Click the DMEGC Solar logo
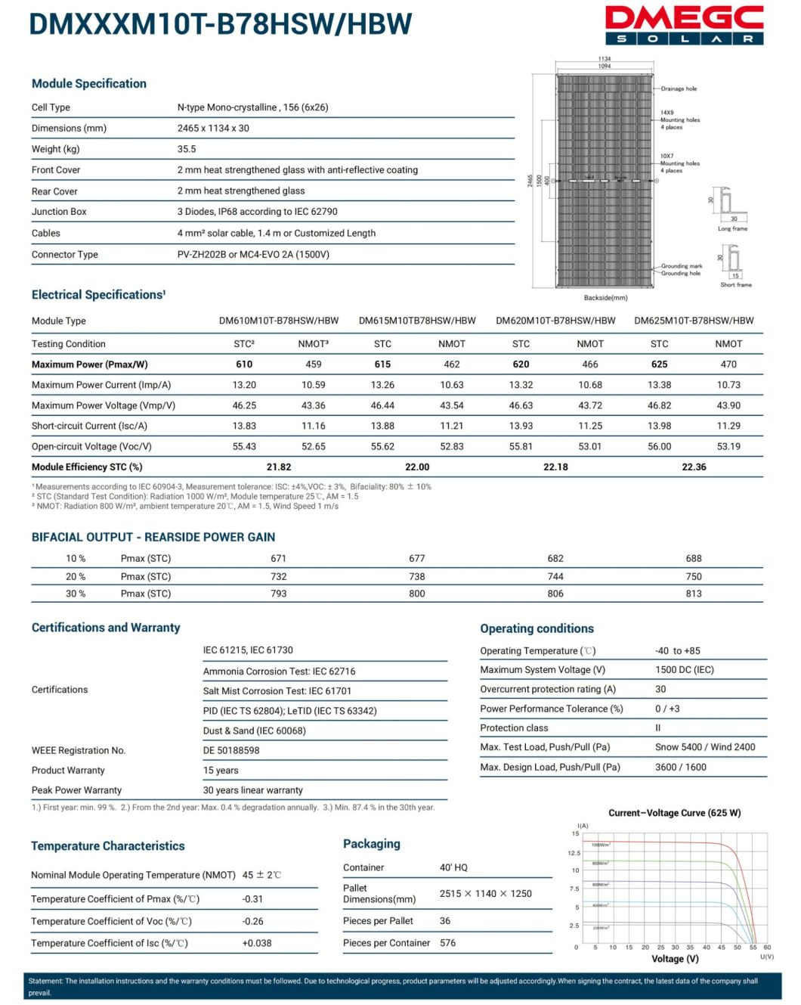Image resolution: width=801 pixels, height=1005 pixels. point(684,25)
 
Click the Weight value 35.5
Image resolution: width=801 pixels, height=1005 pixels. point(187,149)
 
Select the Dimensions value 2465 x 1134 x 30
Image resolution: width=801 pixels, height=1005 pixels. point(213,128)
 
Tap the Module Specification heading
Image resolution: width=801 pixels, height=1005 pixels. point(89,83)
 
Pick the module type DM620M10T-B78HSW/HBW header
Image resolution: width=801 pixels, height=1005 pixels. point(555,321)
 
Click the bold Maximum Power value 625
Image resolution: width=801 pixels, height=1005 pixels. point(659,364)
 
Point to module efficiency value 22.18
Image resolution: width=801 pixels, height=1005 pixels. point(555,467)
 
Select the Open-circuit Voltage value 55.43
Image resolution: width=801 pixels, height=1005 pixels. point(244,446)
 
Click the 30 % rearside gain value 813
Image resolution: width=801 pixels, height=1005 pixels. point(694,594)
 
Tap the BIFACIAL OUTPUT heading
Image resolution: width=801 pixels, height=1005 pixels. point(153,537)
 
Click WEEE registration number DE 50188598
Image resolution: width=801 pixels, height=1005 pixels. point(231,750)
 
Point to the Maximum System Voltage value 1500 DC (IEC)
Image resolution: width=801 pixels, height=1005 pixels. point(685,669)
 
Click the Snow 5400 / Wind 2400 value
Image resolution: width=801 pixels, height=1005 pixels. point(705,746)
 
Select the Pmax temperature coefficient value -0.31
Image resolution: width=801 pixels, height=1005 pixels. point(252,899)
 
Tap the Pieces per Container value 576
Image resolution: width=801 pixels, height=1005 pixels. point(448,943)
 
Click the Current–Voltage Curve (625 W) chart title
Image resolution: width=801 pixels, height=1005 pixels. point(675,813)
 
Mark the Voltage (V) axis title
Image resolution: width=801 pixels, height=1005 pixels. point(675,959)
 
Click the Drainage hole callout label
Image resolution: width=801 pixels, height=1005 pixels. point(679,88)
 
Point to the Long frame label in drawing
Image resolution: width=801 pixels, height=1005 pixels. point(732,228)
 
